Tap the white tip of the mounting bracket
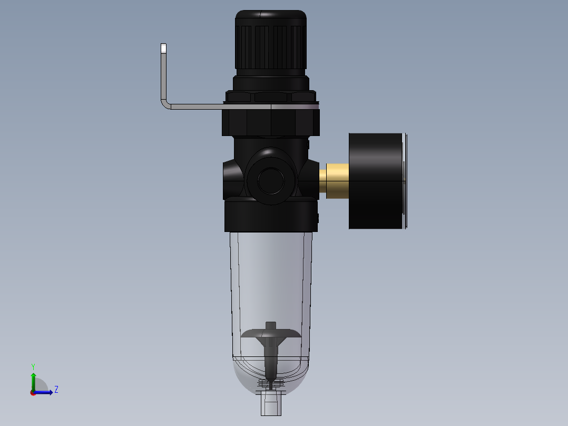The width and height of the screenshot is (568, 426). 163,49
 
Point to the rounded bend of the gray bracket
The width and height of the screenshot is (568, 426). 165,104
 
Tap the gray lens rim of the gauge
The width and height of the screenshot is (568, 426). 405,181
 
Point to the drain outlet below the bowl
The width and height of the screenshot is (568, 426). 271,406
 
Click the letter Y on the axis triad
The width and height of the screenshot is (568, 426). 33,366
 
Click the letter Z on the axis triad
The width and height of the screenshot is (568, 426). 56,390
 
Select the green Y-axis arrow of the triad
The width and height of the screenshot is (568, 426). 33,380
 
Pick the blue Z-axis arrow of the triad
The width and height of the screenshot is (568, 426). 44,392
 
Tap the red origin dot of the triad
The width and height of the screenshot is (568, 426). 33,393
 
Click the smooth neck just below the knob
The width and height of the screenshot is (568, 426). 270,82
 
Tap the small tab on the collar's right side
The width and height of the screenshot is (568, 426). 318,217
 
